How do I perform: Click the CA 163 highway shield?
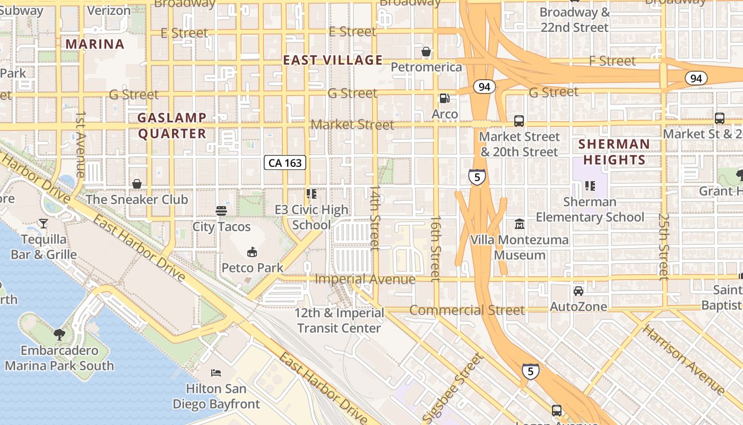tap(286, 163)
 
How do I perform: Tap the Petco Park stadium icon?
tap(252, 252)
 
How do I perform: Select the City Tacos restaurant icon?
tap(221, 211)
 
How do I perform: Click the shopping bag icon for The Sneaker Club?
tap(137, 184)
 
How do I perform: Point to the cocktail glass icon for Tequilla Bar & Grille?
tap(44, 224)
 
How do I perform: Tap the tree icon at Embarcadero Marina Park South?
tap(59, 335)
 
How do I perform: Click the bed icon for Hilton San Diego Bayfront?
tap(216, 372)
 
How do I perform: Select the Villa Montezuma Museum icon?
tap(519, 224)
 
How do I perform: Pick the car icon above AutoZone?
tap(578, 291)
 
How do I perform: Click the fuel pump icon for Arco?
tap(444, 98)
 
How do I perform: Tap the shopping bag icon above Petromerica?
tap(426, 52)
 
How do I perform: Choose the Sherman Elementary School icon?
tap(590, 186)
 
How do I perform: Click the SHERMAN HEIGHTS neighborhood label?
tap(614, 152)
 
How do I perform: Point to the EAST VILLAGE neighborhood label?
tap(333, 60)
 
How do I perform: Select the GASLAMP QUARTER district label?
tap(172, 125)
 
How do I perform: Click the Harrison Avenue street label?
tap(684, 359)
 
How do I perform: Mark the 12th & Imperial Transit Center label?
tap(339, 320)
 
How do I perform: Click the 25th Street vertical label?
tap(663, 246)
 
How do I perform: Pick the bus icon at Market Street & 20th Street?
tap(519, 121)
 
